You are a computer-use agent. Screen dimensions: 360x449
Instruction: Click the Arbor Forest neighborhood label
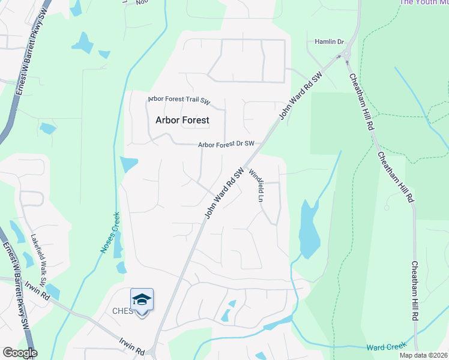pyautogui.click(x=182, y=120)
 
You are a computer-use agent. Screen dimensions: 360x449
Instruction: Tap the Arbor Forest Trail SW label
pyautogui.click(x=179, y=100)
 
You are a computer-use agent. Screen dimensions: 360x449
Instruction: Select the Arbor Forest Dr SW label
pyautogui.click(x=227, y=144)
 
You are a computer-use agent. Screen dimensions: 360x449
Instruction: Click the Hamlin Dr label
pyautogui.click(x=329, y=42)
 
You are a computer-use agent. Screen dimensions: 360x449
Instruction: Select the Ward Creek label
pyautogui.click(x=387, y=347)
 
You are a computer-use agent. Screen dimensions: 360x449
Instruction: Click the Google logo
pyautogui.click(x=20, y=353)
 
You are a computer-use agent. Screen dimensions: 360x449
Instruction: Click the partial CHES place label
pyautogui.click(x=122, y=311)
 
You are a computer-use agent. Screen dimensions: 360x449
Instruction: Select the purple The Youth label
pyautogui.click(x=423, y=2)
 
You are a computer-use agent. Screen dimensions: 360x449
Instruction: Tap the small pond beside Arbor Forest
pyautogui.click(x=129, y=164)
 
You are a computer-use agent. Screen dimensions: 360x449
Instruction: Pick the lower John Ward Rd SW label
pyautogui.click(x=223, y=192)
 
